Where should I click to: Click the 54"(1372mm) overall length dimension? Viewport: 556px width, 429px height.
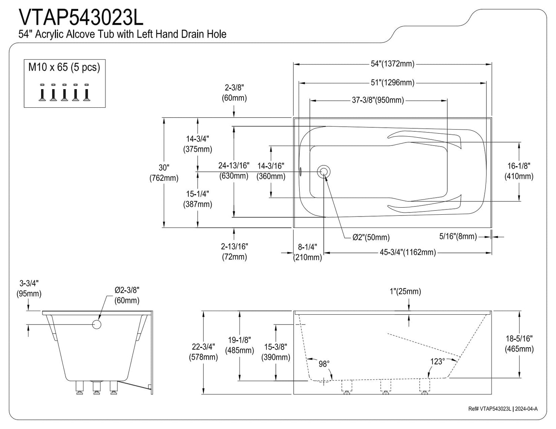(x=393, y=64)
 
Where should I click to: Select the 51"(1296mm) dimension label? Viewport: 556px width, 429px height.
(x=393, y=83)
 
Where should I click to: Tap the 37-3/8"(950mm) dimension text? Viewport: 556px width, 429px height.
(x=378, y=100)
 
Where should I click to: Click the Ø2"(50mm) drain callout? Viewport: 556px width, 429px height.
(x=371, y=237)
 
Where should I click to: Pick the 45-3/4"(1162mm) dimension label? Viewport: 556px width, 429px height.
(x=408, y=252)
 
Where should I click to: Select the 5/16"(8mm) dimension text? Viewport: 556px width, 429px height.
(x=458, y=236)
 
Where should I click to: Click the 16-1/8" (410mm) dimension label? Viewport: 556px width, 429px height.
(x=519, y=171)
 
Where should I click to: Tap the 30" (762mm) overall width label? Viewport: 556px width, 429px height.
(x=164, y=173)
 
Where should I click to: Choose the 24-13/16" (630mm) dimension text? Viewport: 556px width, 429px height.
(x=234, y=170)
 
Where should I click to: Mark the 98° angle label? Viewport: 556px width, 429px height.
(x=324, y=364)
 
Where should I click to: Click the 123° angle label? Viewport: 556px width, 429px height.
(x=437, y=361)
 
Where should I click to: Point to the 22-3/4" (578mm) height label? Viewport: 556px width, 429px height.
(x=203, y=352)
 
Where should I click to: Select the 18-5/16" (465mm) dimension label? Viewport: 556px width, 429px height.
(x=519, y=343)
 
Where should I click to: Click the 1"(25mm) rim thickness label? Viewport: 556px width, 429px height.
(x=405, y=292)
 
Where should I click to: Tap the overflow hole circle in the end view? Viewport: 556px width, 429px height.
(x=97, y=325)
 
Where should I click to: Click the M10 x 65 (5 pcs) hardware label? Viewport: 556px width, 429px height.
(x=64, y=67)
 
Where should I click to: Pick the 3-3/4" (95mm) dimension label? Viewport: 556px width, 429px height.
(x=29, y=288)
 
